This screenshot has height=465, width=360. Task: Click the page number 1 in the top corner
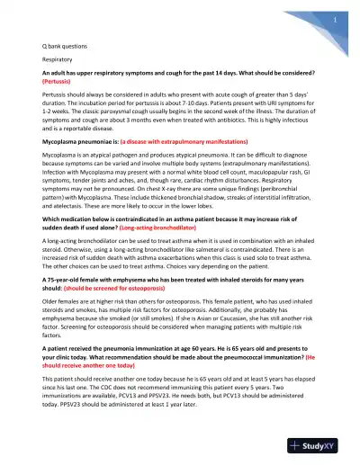(334, 18)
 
